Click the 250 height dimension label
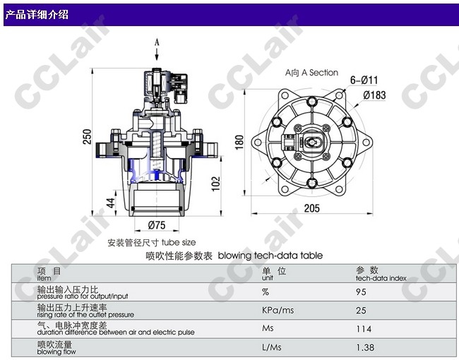point(87,136)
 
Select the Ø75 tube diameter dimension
point(157,225)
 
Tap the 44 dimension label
point(110,203)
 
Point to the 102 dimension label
point(215,184)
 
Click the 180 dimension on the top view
point(239,143)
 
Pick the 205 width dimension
point(311,208)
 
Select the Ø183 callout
point(374,95)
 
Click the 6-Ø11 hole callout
point(364,80)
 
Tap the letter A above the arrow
point(157,42)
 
